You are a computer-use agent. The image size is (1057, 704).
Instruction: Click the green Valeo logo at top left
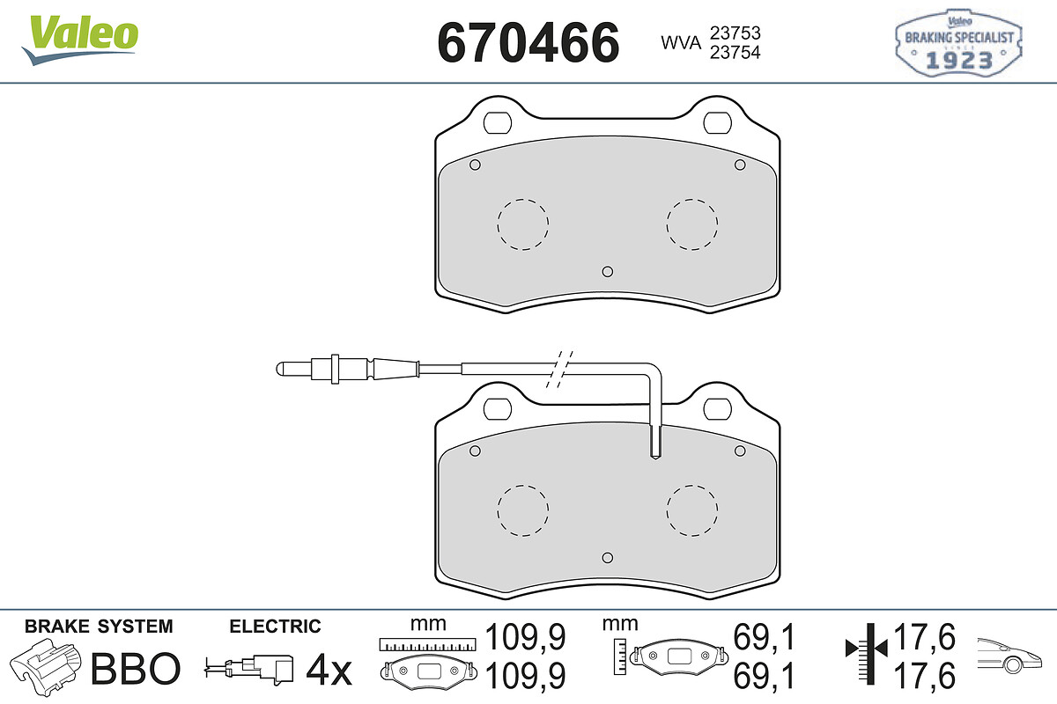tap(80, 40)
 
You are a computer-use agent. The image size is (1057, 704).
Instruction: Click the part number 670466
tap(528, 42)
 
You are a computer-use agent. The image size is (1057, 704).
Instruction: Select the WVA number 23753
tap(735, 33)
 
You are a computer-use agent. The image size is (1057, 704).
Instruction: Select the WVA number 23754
tap(735, 52)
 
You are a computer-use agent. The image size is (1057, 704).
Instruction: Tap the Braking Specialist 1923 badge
tap(958, 43)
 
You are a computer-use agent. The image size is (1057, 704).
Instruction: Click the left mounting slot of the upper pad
tap(498, 123)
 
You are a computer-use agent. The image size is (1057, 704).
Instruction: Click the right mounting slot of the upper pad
tap(717, 123)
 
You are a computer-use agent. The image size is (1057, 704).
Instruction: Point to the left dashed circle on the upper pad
tap(523, 224)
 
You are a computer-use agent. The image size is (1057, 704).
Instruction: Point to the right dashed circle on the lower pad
tap(692, 510)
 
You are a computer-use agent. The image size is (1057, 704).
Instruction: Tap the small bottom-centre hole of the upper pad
tap(608, 272)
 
